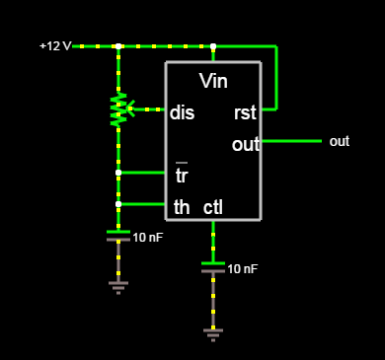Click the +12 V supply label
click(55, 46)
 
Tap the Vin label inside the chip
click(213, 81)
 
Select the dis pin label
click(182, 112)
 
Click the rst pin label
click(245, 112)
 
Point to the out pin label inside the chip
click(246, 144)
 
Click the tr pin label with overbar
click(182, 174)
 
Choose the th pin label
click(182, 207)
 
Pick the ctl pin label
click(213, 207)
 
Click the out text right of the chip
click(340, 141)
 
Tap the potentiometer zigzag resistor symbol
click(118, 109)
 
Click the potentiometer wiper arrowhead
click(130, 109)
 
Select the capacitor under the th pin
click(118, 236)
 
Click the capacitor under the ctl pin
click(213, 267)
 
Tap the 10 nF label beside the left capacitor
click(148, 238)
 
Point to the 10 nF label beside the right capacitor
click(243, 269)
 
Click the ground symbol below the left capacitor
click(118, 287)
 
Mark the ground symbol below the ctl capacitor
click(213, 334)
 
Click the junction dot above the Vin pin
click(213, 46)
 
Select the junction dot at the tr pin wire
click(118, 173)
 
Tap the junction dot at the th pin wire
click(118, 204)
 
